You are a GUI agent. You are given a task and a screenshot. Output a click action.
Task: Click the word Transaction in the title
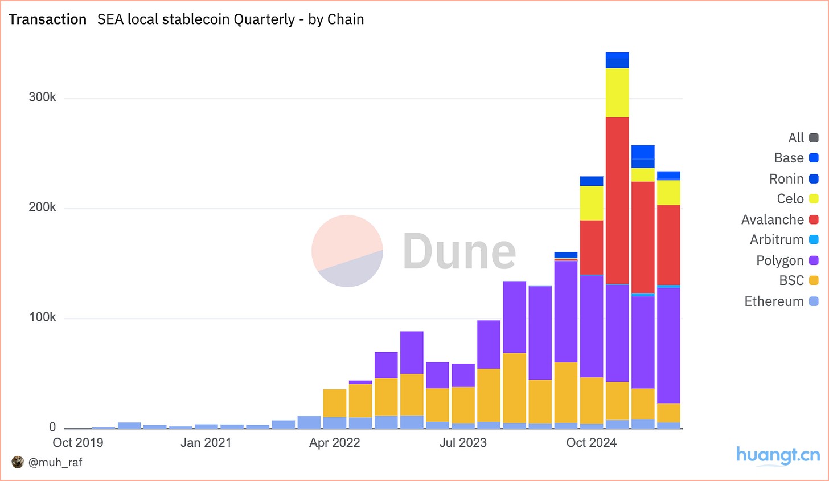tap(48, 19)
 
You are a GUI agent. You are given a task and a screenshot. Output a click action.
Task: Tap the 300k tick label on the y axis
tap(42, 97)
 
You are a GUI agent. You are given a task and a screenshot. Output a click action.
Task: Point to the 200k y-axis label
tap(42, 207)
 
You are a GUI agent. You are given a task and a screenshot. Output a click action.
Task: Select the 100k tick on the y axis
tap(42, 317)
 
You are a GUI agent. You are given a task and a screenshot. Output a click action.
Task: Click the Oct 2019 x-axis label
tap(78, 443)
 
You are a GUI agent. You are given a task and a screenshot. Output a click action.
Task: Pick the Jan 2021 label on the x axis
tap(206, 443)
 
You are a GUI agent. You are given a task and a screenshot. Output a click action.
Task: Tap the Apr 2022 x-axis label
tap(335, 443)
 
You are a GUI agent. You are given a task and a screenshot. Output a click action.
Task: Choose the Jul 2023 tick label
tap(463, 443)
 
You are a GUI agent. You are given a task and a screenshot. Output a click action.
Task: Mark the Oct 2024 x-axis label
tap(592, 443)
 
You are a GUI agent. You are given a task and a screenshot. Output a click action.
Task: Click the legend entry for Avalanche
tap(773, 219)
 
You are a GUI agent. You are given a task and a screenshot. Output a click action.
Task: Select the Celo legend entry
tap(790, 199)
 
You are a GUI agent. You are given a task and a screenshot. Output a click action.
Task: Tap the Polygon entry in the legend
tap(780, 260)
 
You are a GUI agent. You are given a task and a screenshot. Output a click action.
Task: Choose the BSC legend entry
tap(791, 280)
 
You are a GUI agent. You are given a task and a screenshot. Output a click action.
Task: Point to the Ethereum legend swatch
tap(814, 301)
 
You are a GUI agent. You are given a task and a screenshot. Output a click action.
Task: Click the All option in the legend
tap(796, 138)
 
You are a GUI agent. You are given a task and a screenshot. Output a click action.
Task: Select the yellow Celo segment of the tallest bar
tap(617, 93)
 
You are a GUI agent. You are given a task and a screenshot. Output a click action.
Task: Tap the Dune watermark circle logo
tap(347, 251)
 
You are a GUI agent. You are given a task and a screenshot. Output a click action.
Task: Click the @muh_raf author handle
tap(55, 462)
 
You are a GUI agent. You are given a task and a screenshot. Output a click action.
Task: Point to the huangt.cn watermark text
tap(778, 455)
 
